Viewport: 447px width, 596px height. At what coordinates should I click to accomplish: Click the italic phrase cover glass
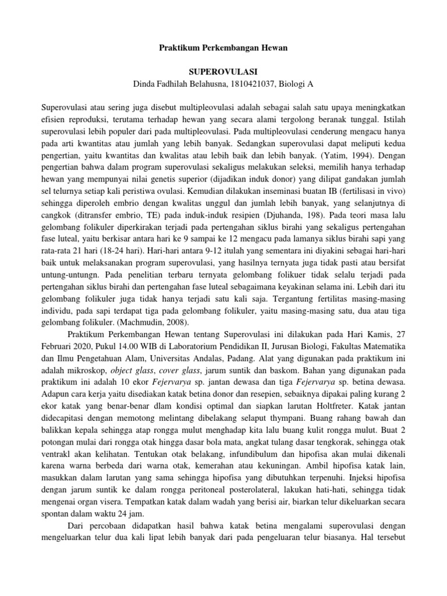(177, 372)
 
